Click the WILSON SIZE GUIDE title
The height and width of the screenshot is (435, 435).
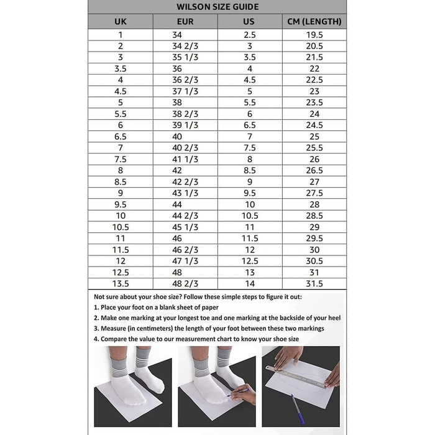coord(217,7)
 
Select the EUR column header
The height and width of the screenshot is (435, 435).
coord(185,22)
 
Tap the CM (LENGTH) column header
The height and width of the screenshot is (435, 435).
coord(314,22)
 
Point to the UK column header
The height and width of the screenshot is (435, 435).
coord(121,22)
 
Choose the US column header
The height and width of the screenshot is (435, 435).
coord(249,22)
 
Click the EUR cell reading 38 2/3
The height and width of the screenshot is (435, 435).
coord(185,114)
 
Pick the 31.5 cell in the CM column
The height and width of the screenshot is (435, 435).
coord(314,283)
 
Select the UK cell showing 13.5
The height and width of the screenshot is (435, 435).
coord(121,283)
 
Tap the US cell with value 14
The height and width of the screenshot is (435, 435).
coord(249,283)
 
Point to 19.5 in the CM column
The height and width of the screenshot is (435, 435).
coord(314,35)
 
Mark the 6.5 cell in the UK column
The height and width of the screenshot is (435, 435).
coord(121,136)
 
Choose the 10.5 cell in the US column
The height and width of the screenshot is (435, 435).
coord(249,216)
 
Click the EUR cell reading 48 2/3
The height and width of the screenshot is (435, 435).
coord(185,283)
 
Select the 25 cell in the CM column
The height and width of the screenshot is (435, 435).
coord(314,136)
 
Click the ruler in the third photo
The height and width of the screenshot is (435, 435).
coord(295,377)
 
